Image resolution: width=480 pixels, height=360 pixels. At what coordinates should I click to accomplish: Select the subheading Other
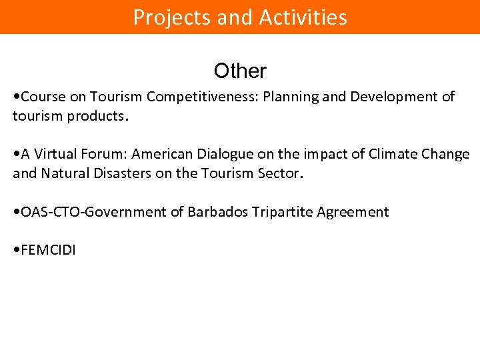tap(240, 71)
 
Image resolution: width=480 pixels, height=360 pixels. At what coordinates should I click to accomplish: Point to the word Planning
tap(291, 97)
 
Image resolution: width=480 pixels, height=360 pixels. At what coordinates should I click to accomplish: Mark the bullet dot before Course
tap(16, 97)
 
